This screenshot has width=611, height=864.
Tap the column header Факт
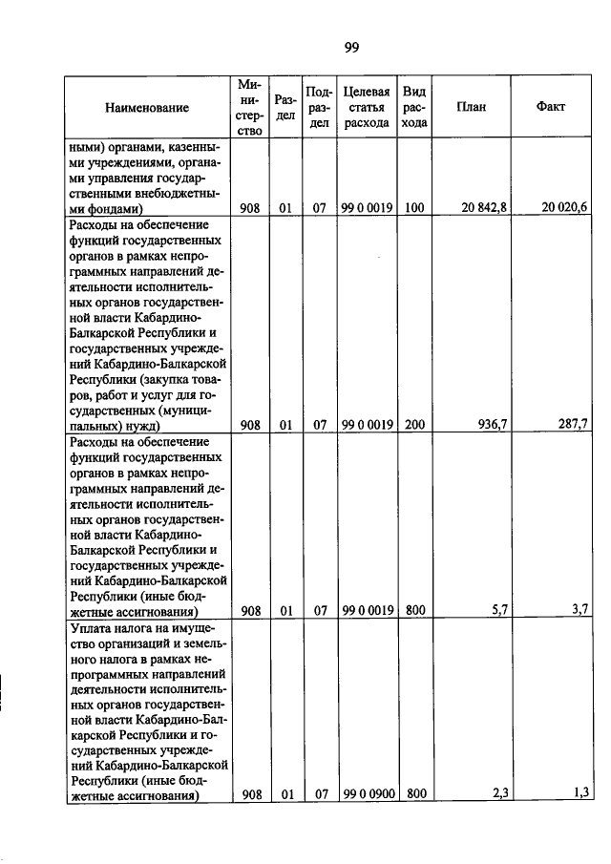551,107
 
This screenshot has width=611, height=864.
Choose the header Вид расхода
414,107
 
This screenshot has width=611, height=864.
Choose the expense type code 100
414,207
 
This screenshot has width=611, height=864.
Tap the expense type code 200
414,425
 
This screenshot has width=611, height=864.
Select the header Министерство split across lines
250,108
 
